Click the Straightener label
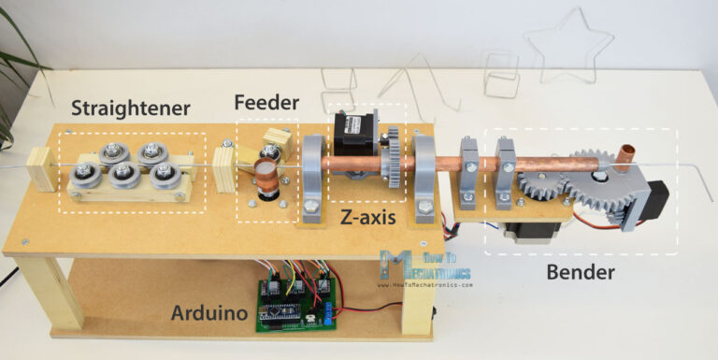click(x=130, y=109)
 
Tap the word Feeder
click(x=267, y=102)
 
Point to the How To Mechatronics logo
click(x=425, y=266)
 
